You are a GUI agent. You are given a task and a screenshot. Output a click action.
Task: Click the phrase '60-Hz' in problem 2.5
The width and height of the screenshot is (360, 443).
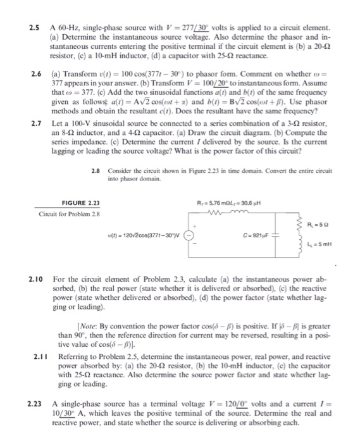[71, 29]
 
